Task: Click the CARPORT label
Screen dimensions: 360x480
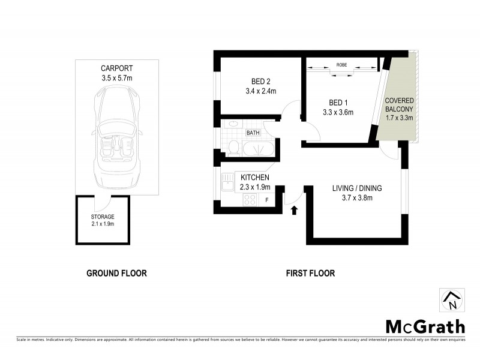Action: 116,68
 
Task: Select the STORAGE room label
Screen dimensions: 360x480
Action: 103,217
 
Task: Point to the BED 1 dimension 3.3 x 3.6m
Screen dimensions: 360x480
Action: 338,112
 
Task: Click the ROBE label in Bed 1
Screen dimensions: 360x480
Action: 341,64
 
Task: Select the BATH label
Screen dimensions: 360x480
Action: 253,133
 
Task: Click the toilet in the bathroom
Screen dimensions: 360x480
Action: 234,147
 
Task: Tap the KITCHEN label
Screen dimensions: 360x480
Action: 255,178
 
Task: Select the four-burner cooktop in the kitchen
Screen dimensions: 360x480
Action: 248,201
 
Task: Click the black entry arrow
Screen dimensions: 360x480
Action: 294,210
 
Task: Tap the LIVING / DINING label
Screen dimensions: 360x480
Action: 357,188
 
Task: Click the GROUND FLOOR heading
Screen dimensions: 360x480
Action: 116,273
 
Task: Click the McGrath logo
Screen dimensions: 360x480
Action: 425,326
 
